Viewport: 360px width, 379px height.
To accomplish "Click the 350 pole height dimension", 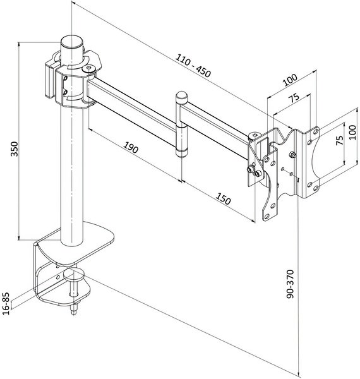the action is (15, 148).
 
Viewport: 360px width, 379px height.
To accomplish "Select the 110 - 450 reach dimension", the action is (193, 66).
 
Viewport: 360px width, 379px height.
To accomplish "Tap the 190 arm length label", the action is (131, 147).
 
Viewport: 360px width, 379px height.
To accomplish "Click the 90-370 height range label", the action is (290, 284).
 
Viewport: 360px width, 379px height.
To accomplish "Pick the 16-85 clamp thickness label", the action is (6, 304).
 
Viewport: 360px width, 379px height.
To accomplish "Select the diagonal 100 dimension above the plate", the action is (290, 80).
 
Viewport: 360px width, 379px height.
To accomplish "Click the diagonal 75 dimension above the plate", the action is (294, 98).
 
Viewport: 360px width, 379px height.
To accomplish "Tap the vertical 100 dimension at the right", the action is (353, 132).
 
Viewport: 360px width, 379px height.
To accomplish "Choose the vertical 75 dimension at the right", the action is (340, 140).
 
